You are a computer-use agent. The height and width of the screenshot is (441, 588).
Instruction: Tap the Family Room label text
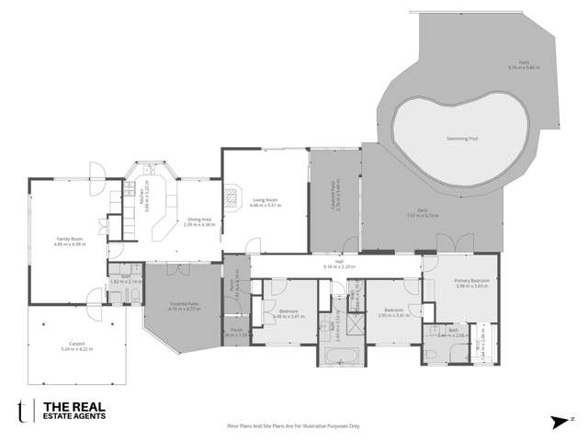69,240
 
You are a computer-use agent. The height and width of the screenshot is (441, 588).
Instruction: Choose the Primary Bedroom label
471,281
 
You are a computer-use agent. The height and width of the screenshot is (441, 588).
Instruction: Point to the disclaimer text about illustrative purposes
294,425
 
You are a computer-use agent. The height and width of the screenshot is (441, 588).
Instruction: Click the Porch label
237,334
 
